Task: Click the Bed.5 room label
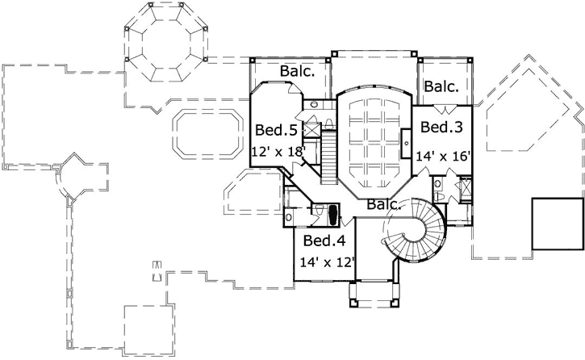272,129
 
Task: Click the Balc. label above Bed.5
297,72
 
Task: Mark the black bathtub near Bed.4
331,214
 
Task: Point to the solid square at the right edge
556,223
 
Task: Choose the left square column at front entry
352,303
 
